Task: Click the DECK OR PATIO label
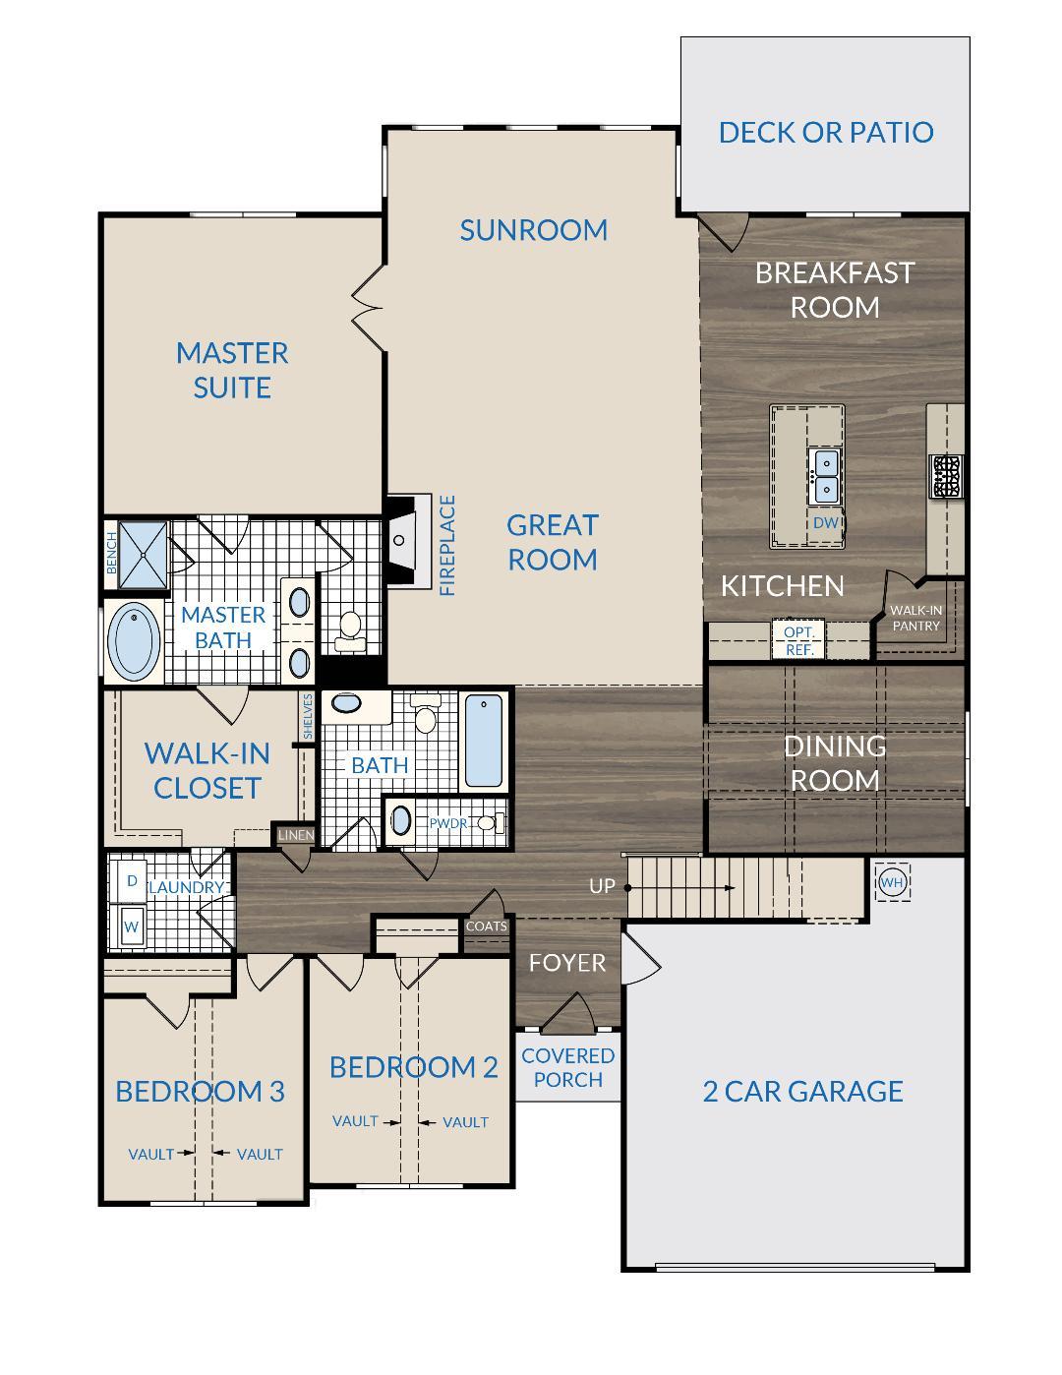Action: pyautogui.click(x=825, y=132)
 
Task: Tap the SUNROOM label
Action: pyautogui.click(x=533, y=230)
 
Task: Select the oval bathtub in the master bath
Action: pyautogui.click(x=134, y=642)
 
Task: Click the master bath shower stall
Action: pyautogui.click(x=143, y=555)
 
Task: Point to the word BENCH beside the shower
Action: pyautogui.click(x=111, y=554)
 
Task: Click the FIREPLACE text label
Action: pyautogui.click(x=447, y=546)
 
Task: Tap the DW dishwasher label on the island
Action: pyautogui.click(x=825, y=522)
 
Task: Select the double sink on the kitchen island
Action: pyautogui.click(x=825, y=476)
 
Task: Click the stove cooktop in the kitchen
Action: pyautogui.click(x=946, y=476)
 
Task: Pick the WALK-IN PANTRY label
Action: pyautogui.click(x=915, y=618)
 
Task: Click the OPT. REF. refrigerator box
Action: pyautogui.click(x=799, y=640)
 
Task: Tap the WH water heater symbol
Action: pyautogui.click(x=892, y=882)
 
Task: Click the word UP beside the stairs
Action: pyautogui.click(x=602, y=886)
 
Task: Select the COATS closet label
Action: pyautogui.click(x=487, y=927)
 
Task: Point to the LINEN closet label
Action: pyautogui.click(x=296, y=835)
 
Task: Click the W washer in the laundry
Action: pyautogui.click(x=131, y=927)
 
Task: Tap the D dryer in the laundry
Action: pyautogui.click(x=131, y=881)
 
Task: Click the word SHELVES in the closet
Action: pyautogui.click(x=308, y=716)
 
